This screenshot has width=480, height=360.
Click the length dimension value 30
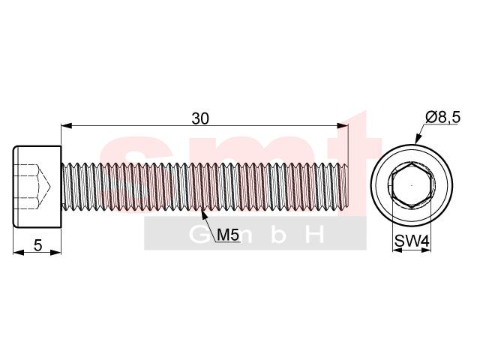[200, 118]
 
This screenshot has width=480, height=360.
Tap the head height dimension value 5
[37, 244]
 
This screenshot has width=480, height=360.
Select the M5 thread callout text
[227, 235]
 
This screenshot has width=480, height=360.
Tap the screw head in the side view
[36, 185]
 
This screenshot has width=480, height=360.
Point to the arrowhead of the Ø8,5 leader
[416, 141]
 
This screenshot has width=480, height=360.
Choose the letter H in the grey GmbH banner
[316, 235]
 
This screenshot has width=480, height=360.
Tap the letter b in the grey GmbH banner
[275, 235]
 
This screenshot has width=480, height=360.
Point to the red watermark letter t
[346, 150]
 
